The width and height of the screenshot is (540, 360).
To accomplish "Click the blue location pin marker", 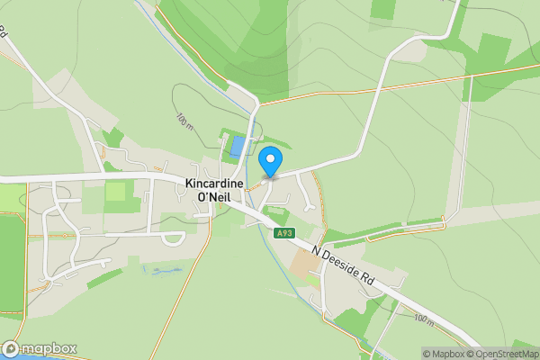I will (x=270, y=161).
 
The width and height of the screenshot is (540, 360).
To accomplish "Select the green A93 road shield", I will (x=284, y=233).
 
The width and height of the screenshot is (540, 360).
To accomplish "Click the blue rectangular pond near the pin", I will (x=238, y=146).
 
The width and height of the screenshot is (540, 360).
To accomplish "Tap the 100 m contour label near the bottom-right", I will (x=424, y=318).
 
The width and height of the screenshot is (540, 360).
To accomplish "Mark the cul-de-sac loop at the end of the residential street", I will (x=171, y=238).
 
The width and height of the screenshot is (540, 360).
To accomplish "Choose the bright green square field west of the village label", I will (x=115, y=192).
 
